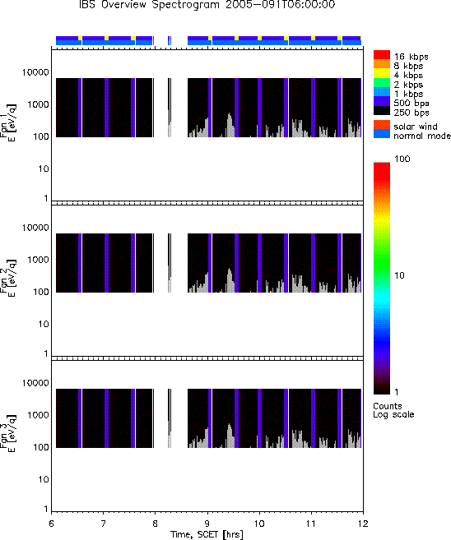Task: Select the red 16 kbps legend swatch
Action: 382,55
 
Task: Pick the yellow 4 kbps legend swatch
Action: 382,73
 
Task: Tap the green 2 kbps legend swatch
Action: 382,83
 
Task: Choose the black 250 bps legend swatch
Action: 382,111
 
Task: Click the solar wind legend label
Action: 416,127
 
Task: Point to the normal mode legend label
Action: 422,136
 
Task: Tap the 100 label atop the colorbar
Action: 402,159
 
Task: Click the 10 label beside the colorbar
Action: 399,275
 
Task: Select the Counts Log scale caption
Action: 393,410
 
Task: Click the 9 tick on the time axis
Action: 207,524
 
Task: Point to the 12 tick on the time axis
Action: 363,524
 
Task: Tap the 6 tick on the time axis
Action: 51,524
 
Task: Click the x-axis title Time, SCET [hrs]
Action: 207,534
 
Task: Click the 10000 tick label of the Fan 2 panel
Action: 35,228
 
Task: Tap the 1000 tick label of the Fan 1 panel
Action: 38,104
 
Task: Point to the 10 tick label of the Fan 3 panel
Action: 44,479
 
